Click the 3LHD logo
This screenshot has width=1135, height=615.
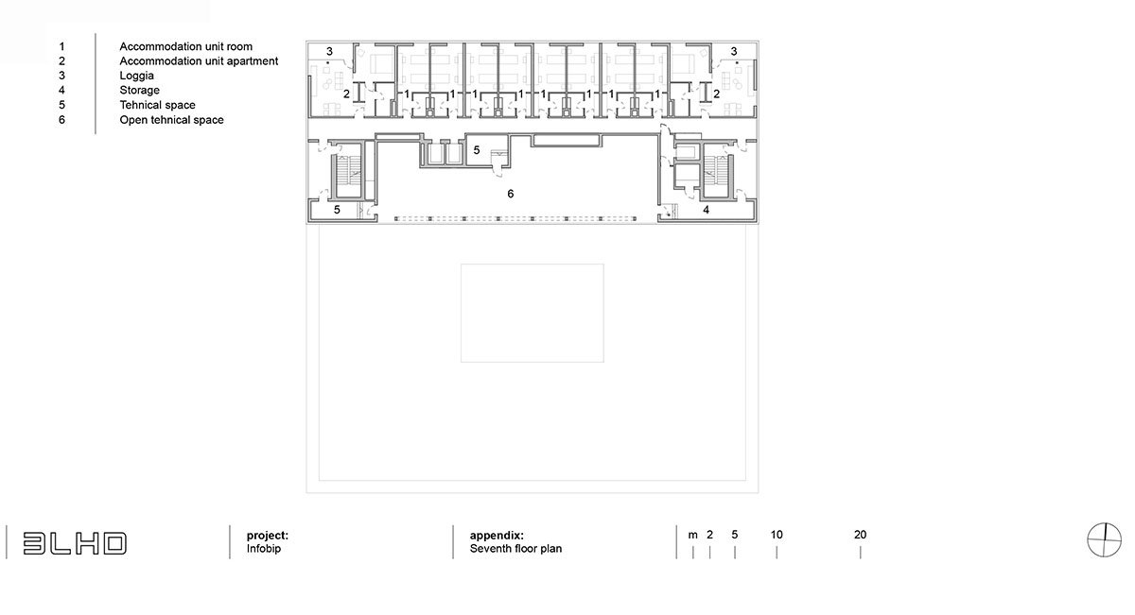tap(75, 543)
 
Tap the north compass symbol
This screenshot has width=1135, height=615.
tap(1104, 539)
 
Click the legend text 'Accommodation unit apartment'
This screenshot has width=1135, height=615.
tap(199, 61)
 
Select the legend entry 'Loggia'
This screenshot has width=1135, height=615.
tap(137, 76)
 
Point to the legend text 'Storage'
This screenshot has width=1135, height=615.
tap(139, 90)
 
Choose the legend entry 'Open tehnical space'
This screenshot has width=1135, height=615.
tap(171, 120)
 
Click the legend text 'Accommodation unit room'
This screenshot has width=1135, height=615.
tap(186, 46)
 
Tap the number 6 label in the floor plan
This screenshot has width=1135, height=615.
tap(510, 194)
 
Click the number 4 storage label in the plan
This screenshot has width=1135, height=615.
tap(706, 210)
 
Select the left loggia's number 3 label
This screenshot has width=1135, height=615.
tap(329, 51)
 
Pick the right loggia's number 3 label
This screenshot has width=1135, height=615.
tap(734, 51)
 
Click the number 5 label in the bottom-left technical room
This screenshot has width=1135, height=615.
tap(337, 210)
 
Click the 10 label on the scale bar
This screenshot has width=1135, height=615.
tap(777, 535)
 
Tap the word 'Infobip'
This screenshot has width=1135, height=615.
tap(264, 549)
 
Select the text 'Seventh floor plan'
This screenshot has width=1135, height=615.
tap(515, 549)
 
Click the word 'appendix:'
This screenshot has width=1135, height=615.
tap(497, 536)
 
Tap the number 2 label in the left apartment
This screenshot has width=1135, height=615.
tap(346, 94)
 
